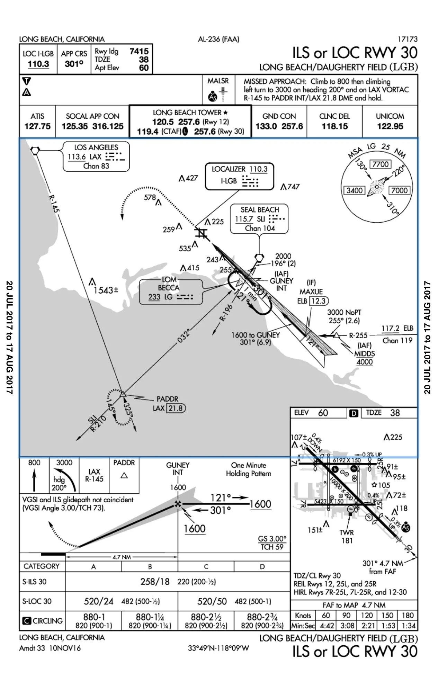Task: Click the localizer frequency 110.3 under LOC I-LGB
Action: click(x=38, y=64)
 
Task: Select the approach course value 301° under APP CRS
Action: click(x=74, y=64)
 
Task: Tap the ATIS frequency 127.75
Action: click(x=37, y=126)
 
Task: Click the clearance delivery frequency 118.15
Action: click(x=334, y=126)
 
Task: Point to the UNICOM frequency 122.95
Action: click(x=390, y=126)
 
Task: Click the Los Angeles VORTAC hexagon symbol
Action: click(x=35, y=150)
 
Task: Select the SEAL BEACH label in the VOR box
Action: click(x=260, y=210)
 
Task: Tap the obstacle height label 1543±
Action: click(x=106, y=290)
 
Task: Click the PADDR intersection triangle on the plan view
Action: click(x=123, y=394)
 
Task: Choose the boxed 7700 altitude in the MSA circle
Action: click(x=381, y=164)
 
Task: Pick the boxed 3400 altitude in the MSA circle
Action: click(x=355, y=190)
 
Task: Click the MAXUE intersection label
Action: click(x=311, y=292)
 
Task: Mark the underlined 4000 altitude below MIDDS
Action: click(x=365, y=362)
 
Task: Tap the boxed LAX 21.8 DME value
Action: click(x=176, y=409)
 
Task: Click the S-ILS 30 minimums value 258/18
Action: click(x=155, y=582)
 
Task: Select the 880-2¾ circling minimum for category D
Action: click(x=262, y=617)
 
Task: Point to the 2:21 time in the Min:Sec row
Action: click(x=367, y=626)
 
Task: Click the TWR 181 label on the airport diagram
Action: click(x=347, y=537)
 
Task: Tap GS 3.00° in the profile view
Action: click(x=272, y=539)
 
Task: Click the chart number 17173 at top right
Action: click(x=408, y=39)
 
